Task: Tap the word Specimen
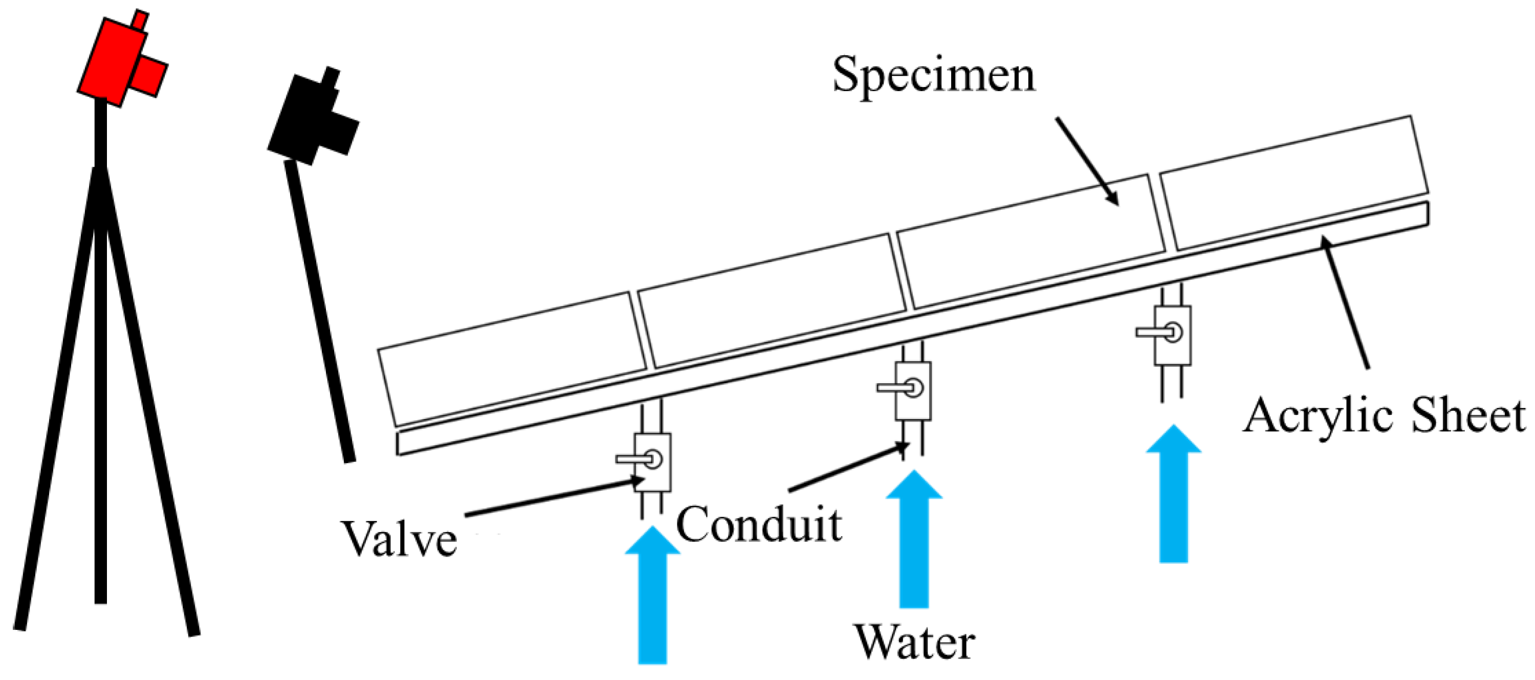934,76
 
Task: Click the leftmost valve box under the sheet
652,462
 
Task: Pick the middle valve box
913,391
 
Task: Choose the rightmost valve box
1173,335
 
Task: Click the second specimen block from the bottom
772,301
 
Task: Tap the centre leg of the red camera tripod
100,387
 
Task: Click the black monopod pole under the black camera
319,310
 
